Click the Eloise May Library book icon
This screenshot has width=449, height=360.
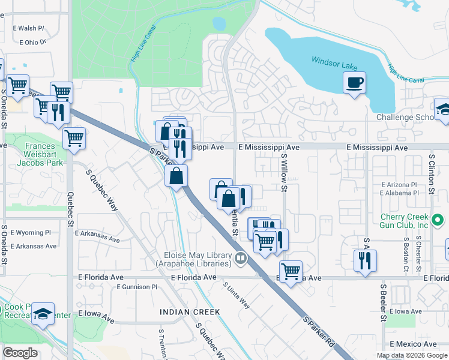[240, 258]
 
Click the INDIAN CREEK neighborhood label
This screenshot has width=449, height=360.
[190, 312]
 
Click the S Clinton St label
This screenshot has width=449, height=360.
[431, 174]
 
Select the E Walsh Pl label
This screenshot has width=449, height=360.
[28, 28]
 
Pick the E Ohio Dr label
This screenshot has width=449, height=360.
[32, 43]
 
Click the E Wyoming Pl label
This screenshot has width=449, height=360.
[30, 233]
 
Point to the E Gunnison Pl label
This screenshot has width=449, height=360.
[137, 287]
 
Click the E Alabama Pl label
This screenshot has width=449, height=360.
[399, 193]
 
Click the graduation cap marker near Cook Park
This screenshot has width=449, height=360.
[43, 313]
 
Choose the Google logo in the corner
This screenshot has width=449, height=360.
[20, 353]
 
